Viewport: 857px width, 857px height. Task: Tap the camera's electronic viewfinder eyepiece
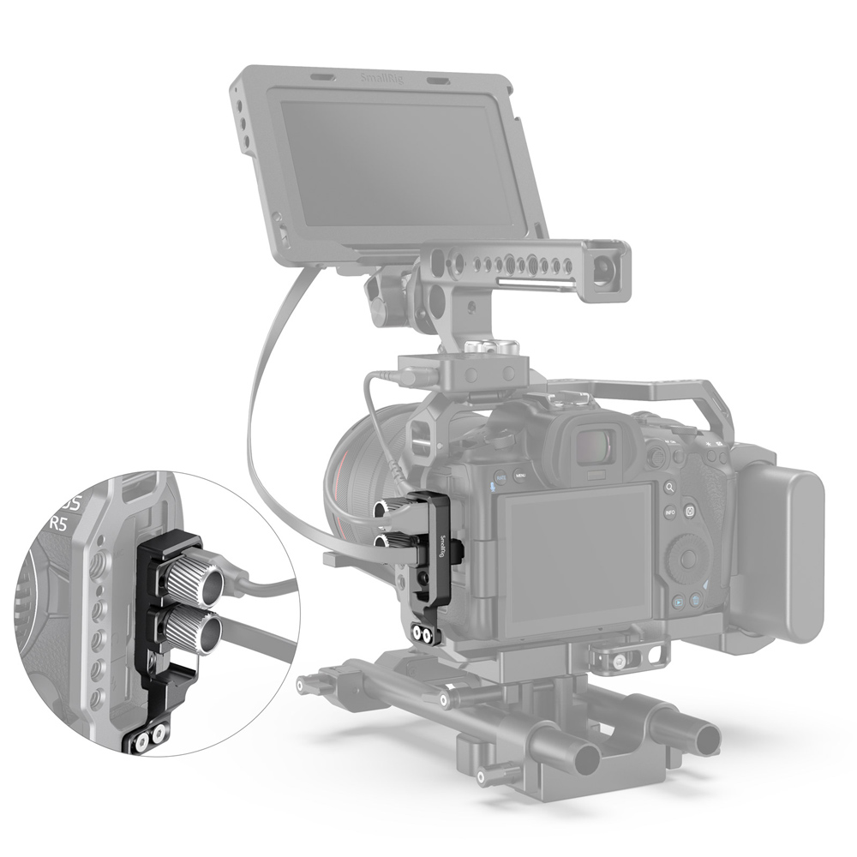coord(591,445)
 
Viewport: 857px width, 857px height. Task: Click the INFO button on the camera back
coord(669,512)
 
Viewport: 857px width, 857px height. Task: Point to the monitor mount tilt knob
coord(378,297)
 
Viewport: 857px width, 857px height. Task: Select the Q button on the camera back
coord(690,512)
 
